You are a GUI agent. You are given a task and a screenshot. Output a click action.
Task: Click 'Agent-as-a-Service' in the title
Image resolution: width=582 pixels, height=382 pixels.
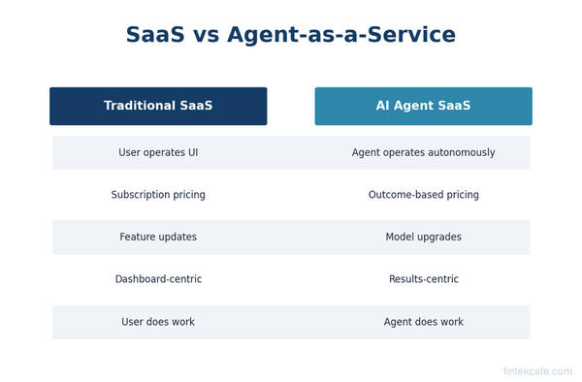[341, 36]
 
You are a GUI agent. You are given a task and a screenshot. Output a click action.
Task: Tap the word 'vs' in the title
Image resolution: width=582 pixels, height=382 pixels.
[207, 36]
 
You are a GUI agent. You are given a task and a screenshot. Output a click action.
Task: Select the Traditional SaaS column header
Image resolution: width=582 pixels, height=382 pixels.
[158, 107]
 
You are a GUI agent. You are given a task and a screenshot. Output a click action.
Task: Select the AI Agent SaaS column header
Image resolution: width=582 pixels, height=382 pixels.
[423, 107]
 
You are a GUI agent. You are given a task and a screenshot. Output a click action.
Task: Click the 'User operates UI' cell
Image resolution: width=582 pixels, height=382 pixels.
[158, 153]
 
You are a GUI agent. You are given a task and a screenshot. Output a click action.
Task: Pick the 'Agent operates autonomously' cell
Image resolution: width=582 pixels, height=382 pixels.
[423, 153]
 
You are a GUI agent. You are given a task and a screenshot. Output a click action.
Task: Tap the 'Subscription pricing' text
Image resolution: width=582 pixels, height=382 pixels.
[158, 195]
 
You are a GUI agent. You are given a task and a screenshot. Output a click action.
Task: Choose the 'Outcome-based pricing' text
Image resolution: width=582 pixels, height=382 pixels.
[423, 195]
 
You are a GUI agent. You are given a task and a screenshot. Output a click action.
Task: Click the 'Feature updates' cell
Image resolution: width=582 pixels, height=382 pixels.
[158, 238]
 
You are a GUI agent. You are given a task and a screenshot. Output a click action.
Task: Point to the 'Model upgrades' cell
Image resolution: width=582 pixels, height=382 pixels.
[423, 238]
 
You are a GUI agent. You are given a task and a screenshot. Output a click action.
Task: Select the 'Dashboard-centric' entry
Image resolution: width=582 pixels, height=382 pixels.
[158, 279]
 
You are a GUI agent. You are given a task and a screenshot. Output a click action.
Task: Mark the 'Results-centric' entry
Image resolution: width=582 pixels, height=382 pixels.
[423, 279]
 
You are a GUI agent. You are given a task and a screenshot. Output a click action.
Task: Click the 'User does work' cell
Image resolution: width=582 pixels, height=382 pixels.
[158, 322]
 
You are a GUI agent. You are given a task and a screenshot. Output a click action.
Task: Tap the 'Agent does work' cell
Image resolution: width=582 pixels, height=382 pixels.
[423, 322]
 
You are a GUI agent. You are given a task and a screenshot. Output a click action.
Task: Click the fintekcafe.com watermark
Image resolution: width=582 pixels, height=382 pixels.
[536, 371]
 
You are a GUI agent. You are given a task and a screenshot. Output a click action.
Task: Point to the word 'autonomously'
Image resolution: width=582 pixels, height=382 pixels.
[462, 153]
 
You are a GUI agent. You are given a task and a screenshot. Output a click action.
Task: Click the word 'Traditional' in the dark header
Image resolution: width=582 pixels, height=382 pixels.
[139, 107]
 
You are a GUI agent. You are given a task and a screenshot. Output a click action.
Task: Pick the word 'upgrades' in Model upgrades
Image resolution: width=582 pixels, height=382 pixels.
[440, 238]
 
